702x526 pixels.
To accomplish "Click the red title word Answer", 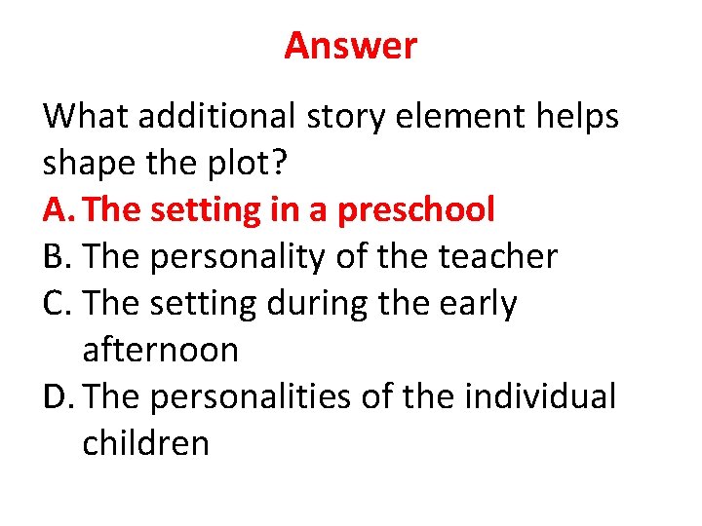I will [350, 46].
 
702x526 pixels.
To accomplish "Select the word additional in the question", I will [215, 117].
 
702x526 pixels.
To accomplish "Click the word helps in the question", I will [581, 117].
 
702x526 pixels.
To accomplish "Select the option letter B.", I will [55, 257].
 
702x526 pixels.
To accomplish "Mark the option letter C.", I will [56, 304].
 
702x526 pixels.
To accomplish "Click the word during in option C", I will [319, 304].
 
